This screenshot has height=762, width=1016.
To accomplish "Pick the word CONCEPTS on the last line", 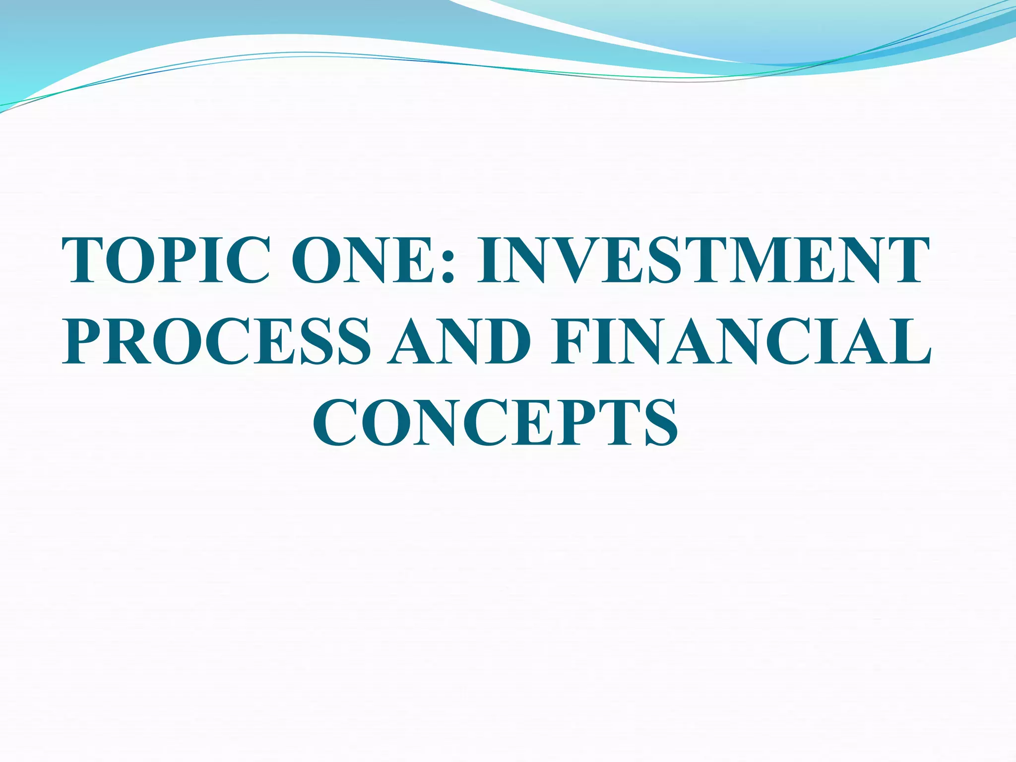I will [x=495, y=422].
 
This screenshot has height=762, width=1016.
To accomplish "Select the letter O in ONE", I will [x=318, y=260].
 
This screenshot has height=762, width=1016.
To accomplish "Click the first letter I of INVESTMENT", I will [x=491, y=260].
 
